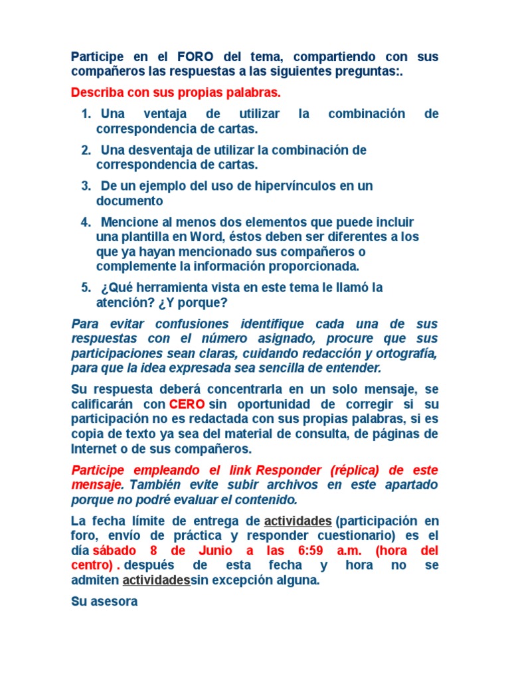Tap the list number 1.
point(86,114)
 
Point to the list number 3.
point(86,186)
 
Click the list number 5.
point(86,288)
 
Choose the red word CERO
point(187,404)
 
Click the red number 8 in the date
point(153,551)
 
